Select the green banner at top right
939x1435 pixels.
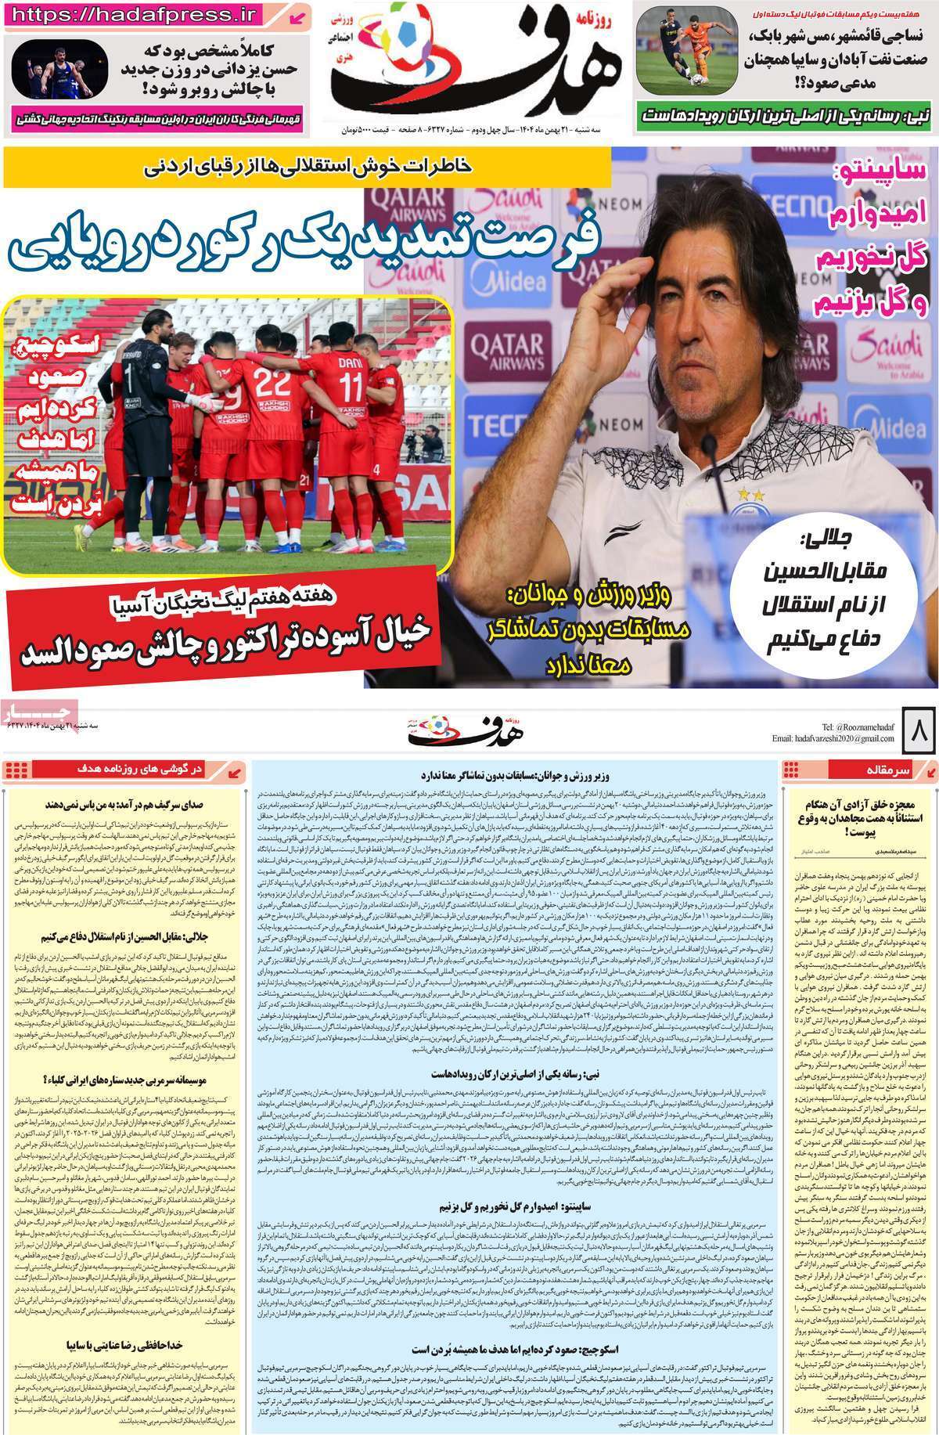click(787, 115)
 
